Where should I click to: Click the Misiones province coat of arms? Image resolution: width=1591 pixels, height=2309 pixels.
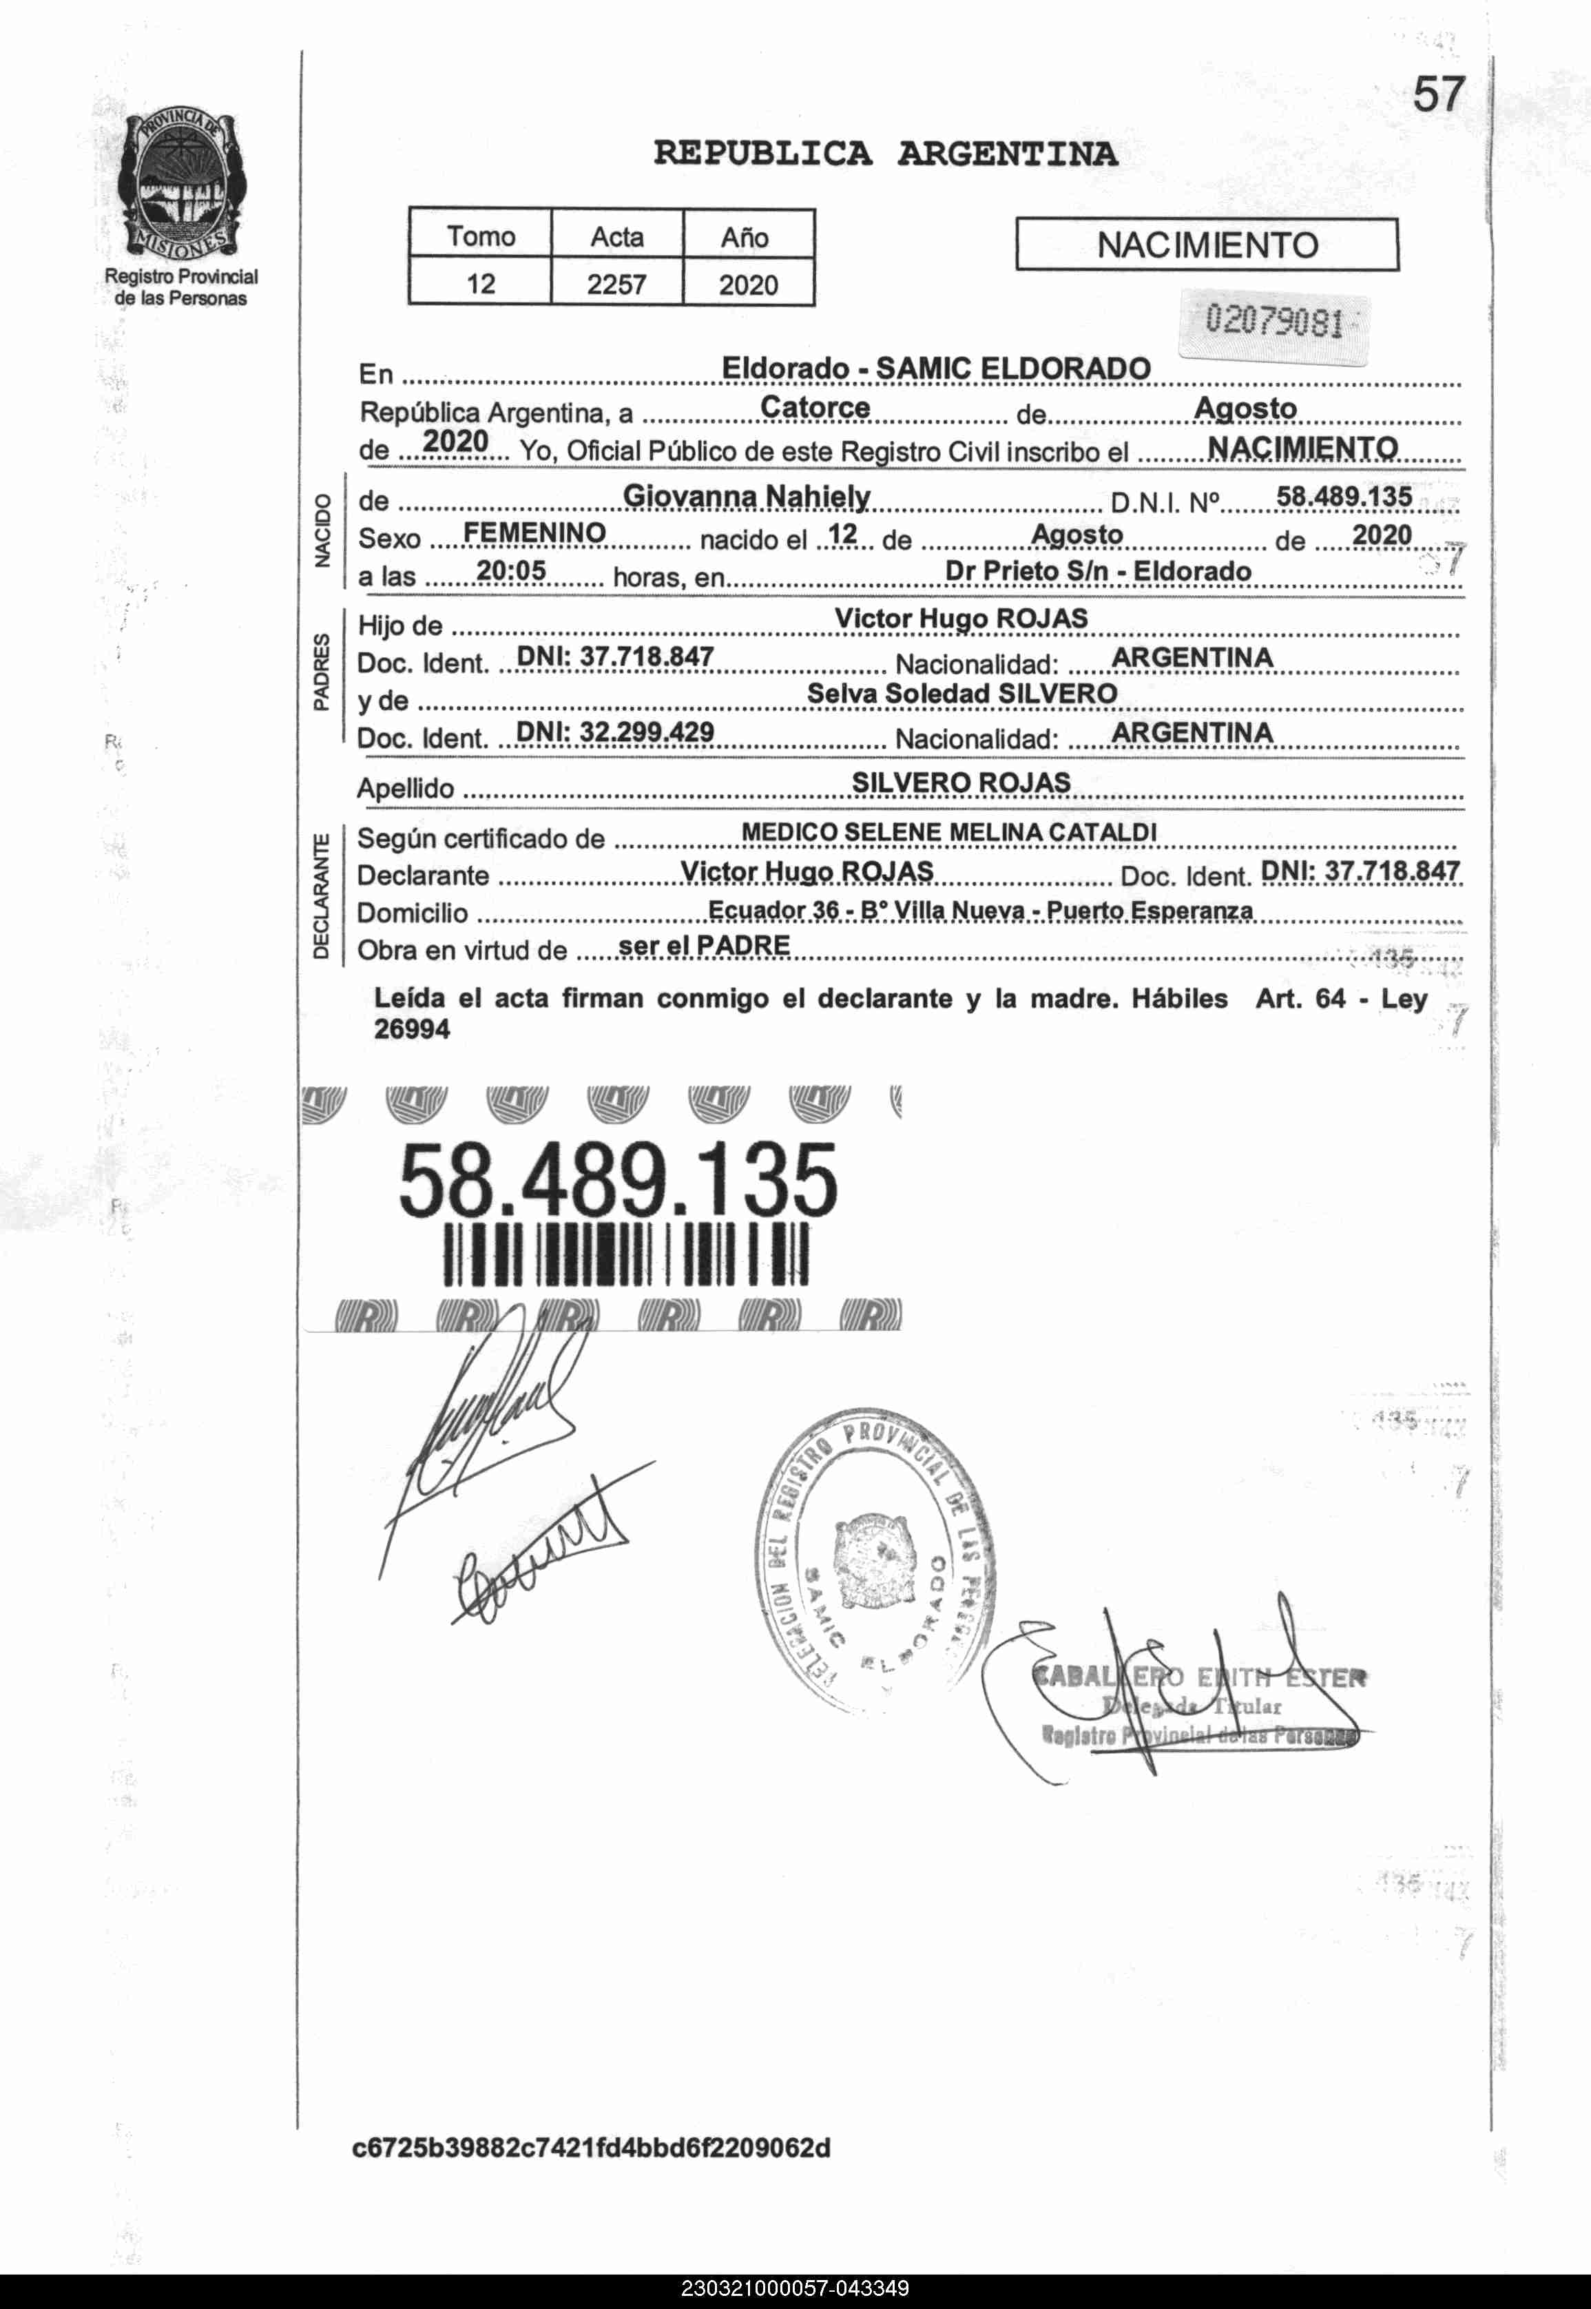click(x=180, y=185)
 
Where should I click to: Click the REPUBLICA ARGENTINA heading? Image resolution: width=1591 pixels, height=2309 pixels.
click(x=885, y=154)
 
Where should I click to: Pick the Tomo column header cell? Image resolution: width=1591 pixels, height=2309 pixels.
click(x=481, y=236)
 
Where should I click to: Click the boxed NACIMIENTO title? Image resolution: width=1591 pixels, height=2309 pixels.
click(x=1206, y=245)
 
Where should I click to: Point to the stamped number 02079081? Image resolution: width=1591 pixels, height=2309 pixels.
click(x=1274, y=322)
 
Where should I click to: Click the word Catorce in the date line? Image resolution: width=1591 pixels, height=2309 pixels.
click(x=814, y=408)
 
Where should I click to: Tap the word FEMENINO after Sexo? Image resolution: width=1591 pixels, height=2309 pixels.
click(x=534, y=533)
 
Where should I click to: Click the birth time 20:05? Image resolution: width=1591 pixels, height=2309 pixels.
click(x=510, y=570)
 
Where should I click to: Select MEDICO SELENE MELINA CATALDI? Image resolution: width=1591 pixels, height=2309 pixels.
click(x=949, y=831)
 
